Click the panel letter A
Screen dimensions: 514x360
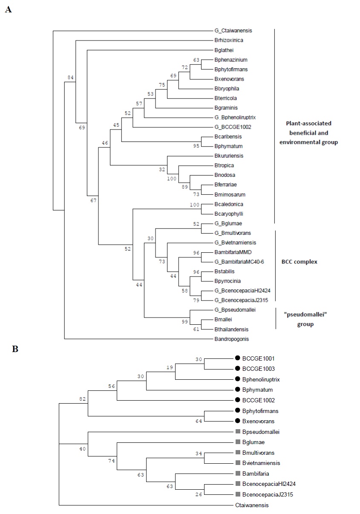tap(8, 9)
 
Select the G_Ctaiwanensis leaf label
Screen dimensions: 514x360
tap(233, 31)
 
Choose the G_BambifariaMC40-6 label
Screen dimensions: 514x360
tap(240, 262)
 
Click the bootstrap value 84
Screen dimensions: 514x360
tap(71, 77)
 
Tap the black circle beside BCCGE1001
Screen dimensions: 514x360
tap(237, 358)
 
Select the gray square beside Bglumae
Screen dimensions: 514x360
tap(237, 442)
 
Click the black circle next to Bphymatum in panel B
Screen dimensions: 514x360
tap(237, 390)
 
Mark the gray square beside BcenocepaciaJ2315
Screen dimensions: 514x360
tap(237, 494)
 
